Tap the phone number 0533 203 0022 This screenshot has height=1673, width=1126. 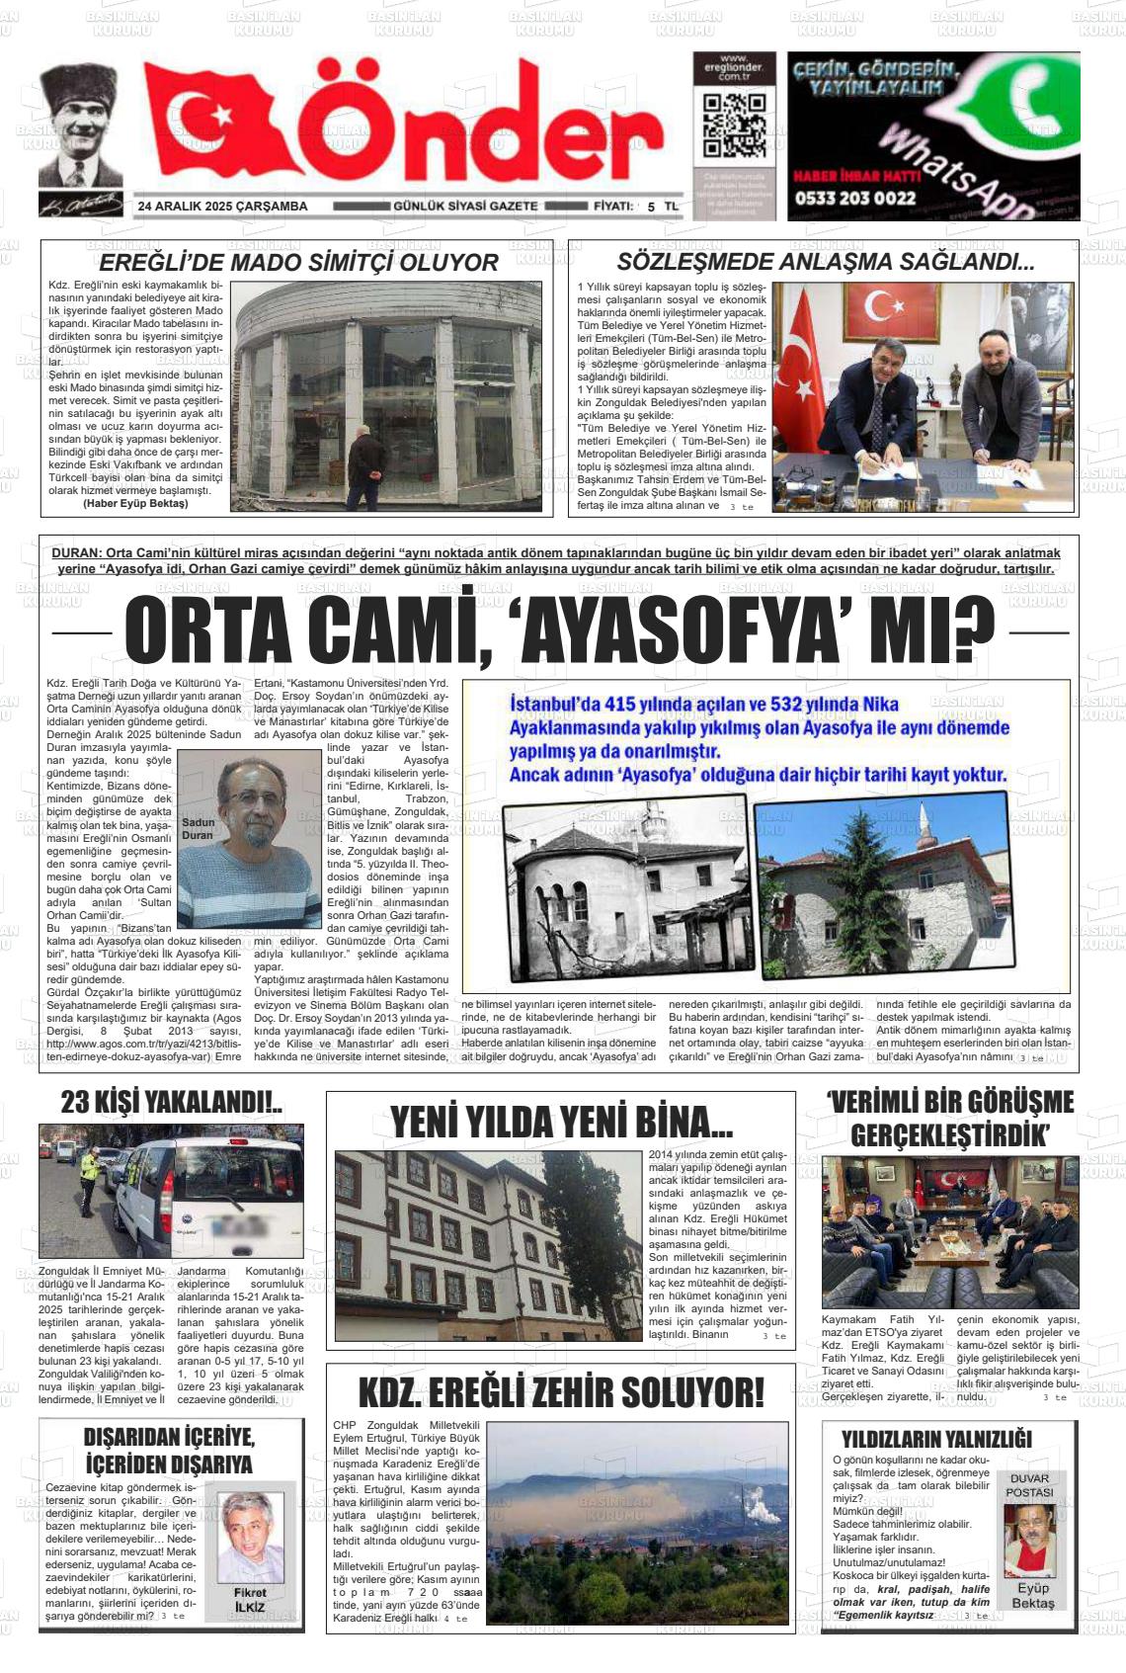[x=854, y=198]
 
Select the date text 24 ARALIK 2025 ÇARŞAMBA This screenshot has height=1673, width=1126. [x=223, y=207]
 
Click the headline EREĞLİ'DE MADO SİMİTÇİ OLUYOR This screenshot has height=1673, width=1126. [x=298, y=263]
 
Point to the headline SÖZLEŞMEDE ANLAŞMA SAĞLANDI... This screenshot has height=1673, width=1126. [x=825, y=262]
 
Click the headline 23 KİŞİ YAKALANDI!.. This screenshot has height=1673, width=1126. [x=172, y=1102]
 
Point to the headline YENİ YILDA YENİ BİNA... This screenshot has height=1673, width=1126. [x=561, y=1123]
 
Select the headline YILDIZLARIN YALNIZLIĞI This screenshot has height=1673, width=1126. [x=935, y=1438]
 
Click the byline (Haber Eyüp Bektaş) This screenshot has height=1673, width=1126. [x=135, y=503]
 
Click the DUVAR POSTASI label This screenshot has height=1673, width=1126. [x=1030, y=1485]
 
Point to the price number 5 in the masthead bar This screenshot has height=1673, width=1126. [x=651, y=207]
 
